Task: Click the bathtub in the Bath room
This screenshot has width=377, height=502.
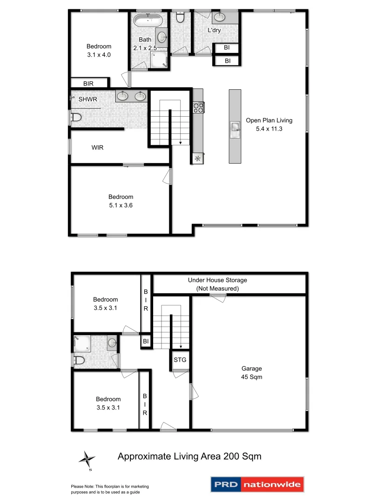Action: pos(148,20)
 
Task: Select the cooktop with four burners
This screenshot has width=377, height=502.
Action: pos(198,107)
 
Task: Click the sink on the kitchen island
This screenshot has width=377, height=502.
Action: pos(235,127)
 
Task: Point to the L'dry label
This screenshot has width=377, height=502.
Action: pos(214,30)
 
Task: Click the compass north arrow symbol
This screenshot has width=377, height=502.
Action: pos(86,459)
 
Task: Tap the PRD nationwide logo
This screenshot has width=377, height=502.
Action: pos(257,484)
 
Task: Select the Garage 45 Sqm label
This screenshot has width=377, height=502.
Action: pos(251,372)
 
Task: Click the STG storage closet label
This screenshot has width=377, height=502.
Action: pos(180,360)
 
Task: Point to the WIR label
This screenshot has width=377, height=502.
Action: pos(97,148)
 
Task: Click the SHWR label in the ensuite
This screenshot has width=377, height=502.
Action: pos(88,99)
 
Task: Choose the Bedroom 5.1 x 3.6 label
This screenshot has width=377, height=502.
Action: pos(121,201)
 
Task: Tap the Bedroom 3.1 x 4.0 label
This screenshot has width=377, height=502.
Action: pos(99,50)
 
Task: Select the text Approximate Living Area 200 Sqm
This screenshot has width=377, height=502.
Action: pos(189,456)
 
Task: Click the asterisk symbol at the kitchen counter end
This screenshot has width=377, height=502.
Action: pos(198,159)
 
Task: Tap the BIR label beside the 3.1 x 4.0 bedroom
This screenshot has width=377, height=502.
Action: pos(88,84)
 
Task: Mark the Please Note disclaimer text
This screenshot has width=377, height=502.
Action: pos(110,489)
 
